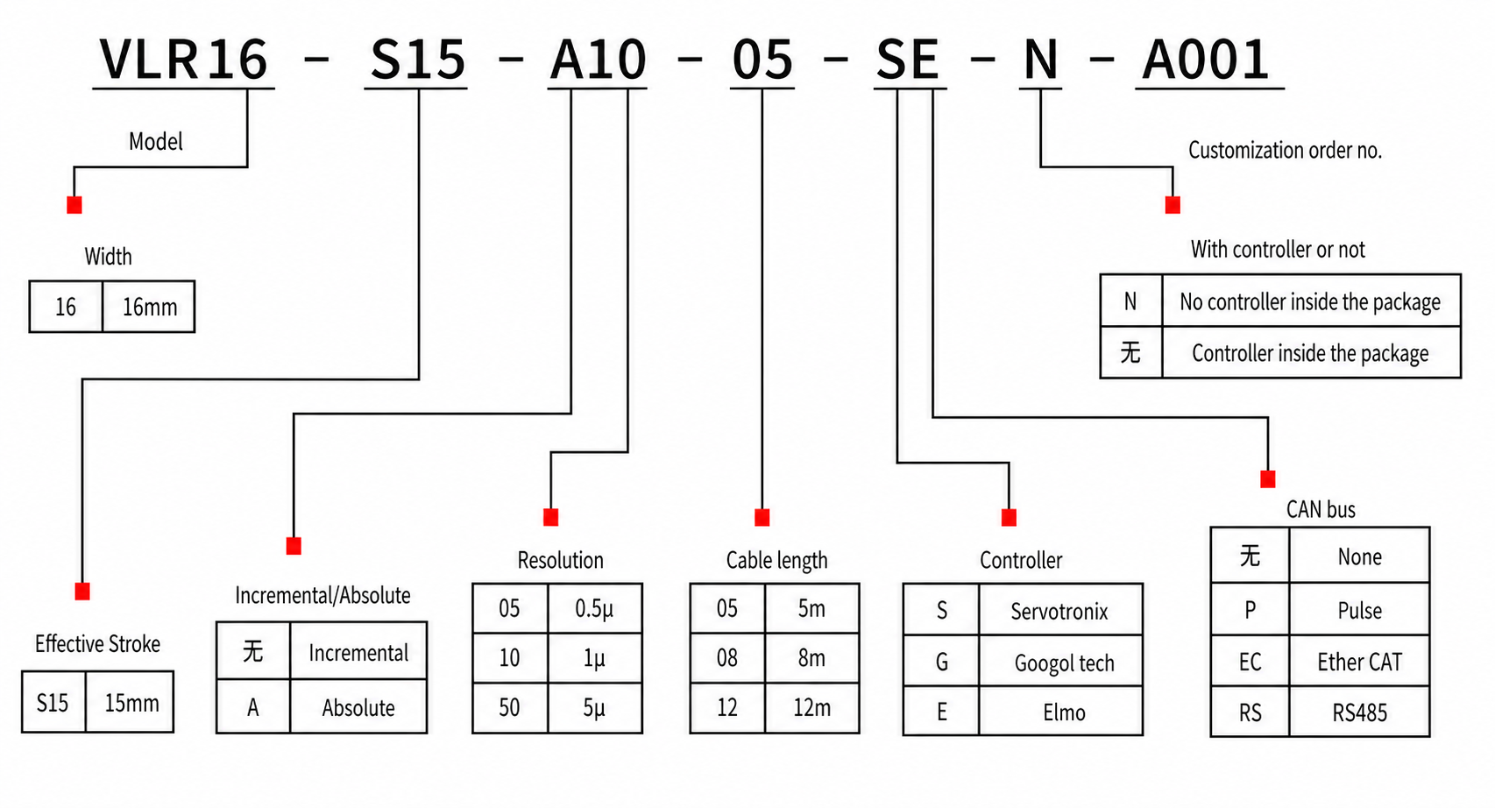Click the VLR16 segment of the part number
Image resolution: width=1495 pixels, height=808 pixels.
[x=183, y=60]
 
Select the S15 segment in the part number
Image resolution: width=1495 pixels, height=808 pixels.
[x=417, y=60]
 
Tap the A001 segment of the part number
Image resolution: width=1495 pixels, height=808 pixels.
[x=1207, y=60]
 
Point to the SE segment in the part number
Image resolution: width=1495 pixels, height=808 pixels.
[x=908, y=60]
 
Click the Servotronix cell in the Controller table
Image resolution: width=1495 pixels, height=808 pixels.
[x=1059, y=611]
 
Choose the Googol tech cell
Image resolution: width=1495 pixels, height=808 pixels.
[x=1064, y=663]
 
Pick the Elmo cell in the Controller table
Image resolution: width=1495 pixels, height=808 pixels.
[x=1064, y=712]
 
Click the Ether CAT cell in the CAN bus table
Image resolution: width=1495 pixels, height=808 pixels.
[x=1359, y=662]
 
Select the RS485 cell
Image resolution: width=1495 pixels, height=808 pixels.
[x=1359, y=712]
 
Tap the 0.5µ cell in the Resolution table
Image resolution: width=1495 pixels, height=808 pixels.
[x=594, y=608]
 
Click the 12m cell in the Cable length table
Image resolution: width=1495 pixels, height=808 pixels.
[x=811, y=707]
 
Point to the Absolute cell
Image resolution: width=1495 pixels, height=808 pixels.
[x=358, y=707]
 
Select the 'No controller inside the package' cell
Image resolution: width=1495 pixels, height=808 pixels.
[x=1309, y=301]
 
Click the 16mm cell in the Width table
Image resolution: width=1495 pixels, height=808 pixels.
[x=149, y=307]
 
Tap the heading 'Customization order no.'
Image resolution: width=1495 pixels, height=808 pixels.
[x=1285, y=150]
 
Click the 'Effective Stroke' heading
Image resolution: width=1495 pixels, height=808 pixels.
[x=97, y=643]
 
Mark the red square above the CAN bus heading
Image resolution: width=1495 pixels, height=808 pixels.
[x=1267, y=478]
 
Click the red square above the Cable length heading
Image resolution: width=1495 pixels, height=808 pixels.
[x=762, y=517]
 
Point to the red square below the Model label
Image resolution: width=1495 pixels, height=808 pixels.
[x=74, y=205]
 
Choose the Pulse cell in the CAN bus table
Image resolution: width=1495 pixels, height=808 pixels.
[x=1359, y=610]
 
